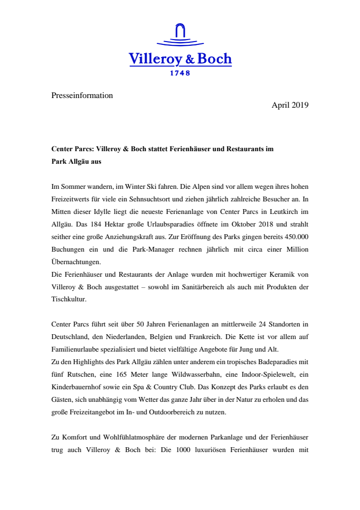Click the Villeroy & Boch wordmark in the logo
(x=180, y=59)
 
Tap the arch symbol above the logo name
(x=180, y=32)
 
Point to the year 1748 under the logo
(x=180, y=73)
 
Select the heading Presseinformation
(x=82, y=96)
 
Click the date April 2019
(x=290, y=105)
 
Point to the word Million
(x=294, y=249)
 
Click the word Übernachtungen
(x=75, y=261)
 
